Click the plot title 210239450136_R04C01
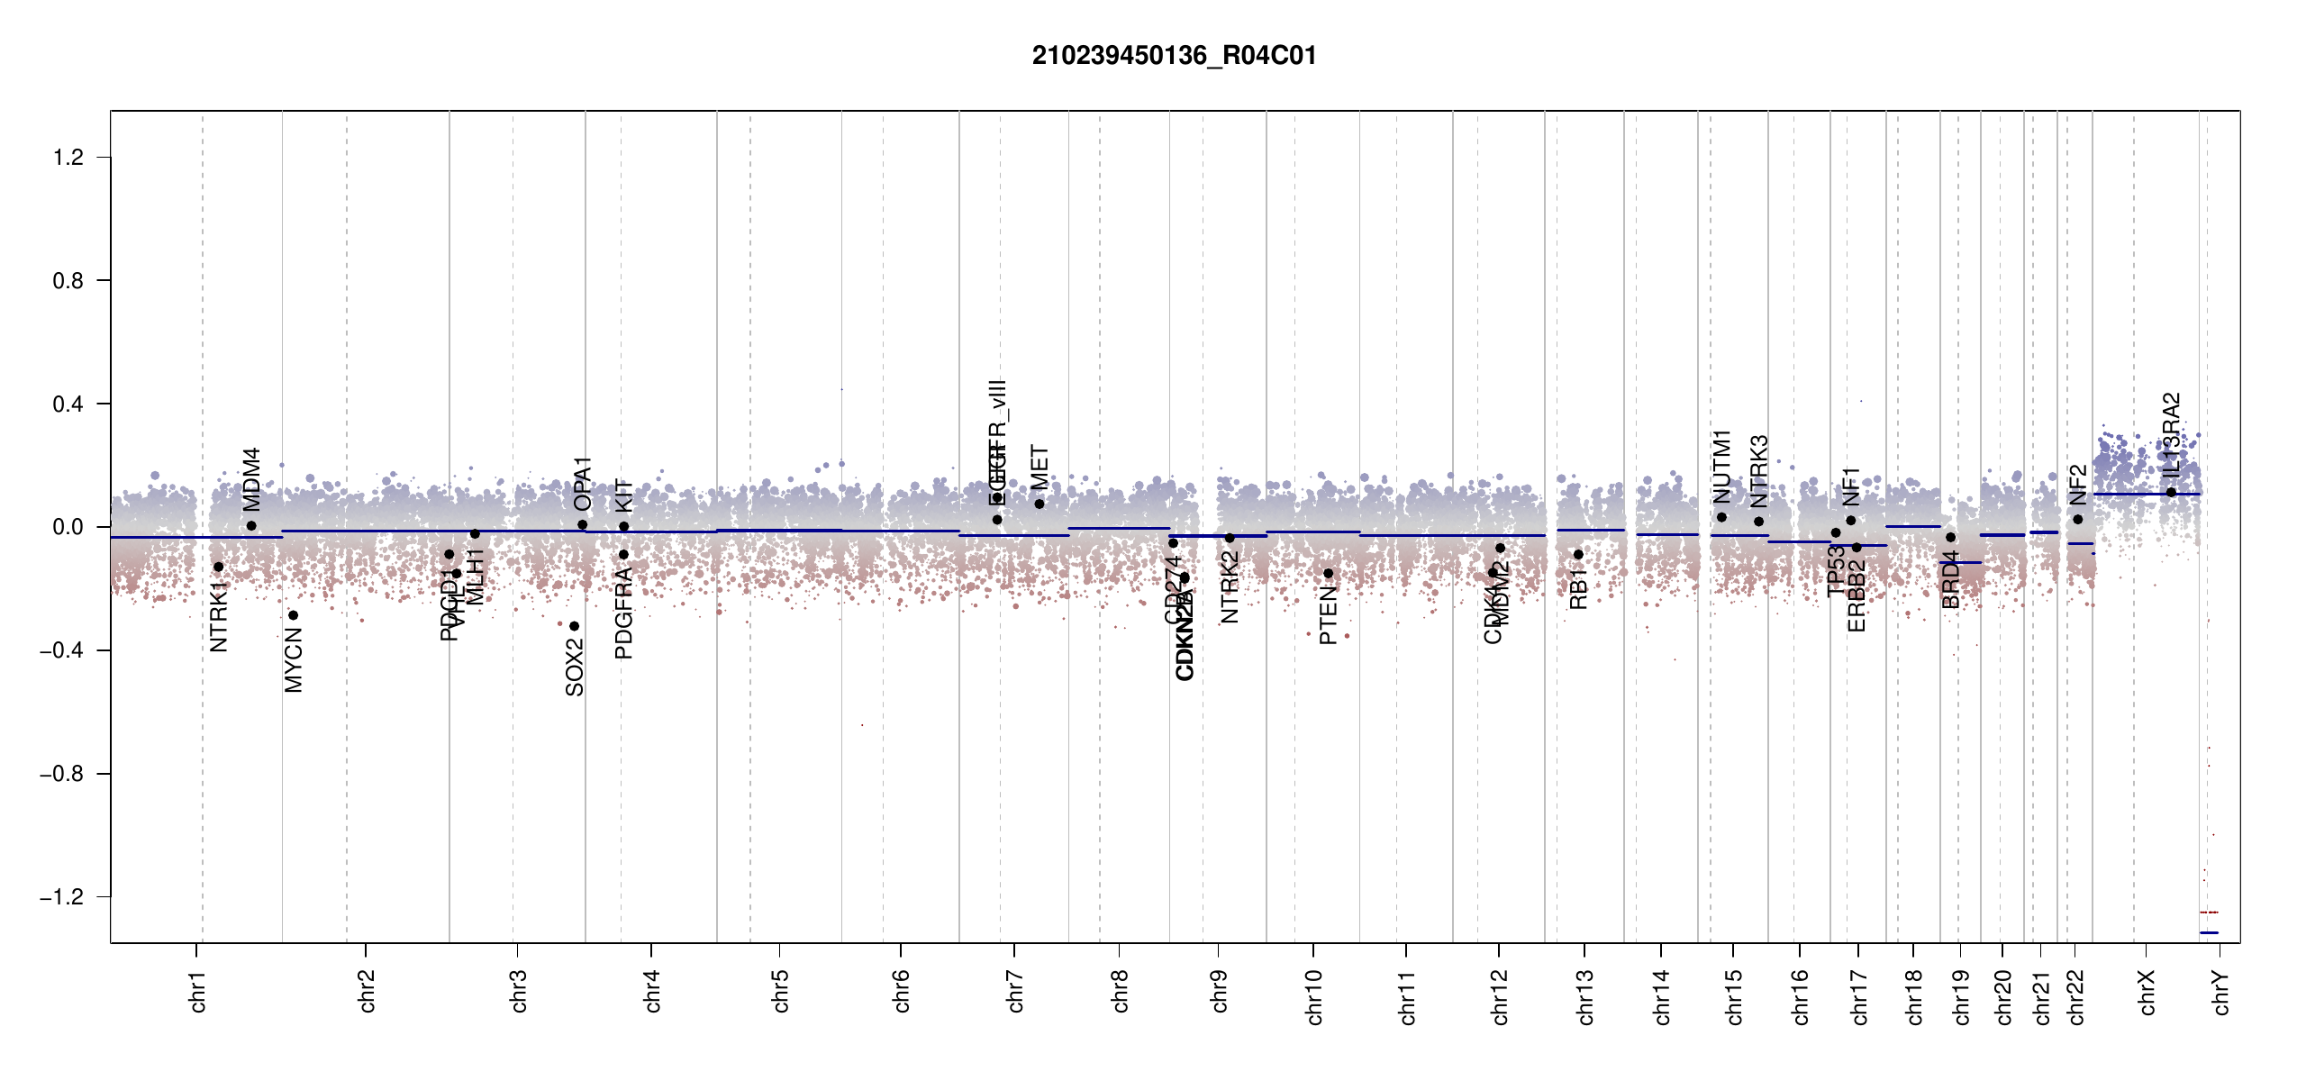click(1174, 56)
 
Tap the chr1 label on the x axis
click(198, 991)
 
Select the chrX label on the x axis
click(2147, 992)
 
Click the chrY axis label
click(2221, 992)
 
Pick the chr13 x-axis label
click(1585, 996)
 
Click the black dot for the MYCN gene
click(293, 615)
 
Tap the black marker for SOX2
click(574, 626)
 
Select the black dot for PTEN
click(1328, 573)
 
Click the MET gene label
click(1040, 468)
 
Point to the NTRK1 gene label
click(219, 616)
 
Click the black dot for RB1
click(1578, 554)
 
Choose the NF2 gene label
click(2077, 485)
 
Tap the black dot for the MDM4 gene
click(251, 526)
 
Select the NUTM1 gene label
click(1721, 466)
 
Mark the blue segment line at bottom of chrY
click(2209, 932)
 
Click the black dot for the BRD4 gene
click(1950, 538)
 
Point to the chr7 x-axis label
click(1015, 991)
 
